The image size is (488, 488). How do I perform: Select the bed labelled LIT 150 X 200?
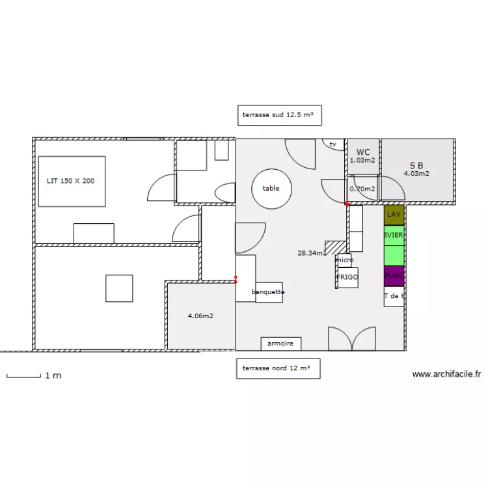click(72, 181)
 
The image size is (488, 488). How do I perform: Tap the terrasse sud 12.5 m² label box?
click(278, 115)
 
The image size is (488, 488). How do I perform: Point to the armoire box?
click(280, 344)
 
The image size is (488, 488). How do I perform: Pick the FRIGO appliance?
click(347, 277)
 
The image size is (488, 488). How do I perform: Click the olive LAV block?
click(394, 215)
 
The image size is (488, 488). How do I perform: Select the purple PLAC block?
click(394, 276)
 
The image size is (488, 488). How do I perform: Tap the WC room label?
click(363, 152)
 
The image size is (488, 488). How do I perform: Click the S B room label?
click(416, 165)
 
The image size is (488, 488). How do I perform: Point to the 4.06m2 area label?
click(201, 316)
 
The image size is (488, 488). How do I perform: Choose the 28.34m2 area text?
click(312, 253)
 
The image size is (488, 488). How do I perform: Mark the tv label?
click(333, 144)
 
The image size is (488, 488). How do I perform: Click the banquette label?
click(268, 292)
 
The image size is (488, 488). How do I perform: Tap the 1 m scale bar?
click(23, 375)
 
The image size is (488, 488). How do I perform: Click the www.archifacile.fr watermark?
click(446, 375)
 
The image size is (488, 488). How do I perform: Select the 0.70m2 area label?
click(362, 189)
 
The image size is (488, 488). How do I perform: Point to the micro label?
click(345, 260)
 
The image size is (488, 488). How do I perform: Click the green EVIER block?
click(394, 236)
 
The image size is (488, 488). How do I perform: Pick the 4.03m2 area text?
click(416, 174)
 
